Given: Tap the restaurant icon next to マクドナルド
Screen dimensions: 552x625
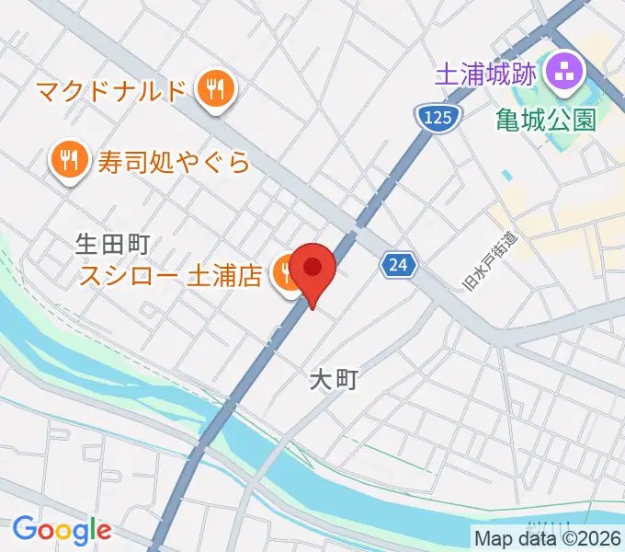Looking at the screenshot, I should click(216, 90).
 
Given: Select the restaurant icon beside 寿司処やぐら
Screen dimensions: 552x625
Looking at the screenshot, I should click(68, 163).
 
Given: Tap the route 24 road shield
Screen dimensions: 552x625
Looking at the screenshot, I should click(397, 266).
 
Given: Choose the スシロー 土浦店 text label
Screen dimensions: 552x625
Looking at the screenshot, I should click(171, 275).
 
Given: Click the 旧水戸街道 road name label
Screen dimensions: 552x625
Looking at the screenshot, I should click(487, 260).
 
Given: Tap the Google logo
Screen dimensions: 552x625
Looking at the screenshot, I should click(61, 529).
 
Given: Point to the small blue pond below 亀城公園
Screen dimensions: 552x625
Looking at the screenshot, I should click(507, 174).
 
